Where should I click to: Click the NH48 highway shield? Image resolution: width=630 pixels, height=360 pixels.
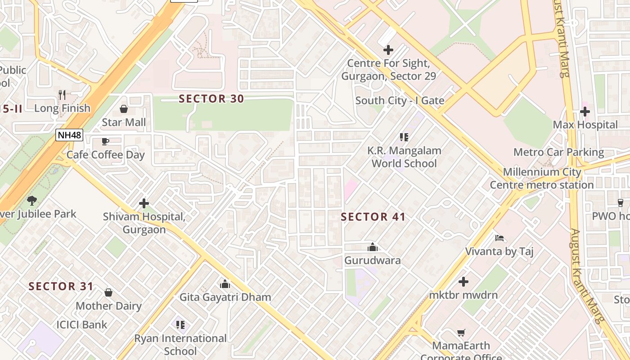(x=69, y=135)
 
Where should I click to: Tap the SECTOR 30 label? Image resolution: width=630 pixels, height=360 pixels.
(x=211, y=99)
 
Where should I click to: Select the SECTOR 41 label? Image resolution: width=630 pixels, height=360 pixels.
(x=373, y=217)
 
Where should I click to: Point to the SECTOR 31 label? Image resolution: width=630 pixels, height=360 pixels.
(x=61, y=286)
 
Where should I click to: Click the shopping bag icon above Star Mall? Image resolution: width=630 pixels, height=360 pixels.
(x=124, y=109)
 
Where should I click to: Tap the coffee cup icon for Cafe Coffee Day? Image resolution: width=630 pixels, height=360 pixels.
(x=105, y=142)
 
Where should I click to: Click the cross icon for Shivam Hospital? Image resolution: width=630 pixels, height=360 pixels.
(x=144, y=203)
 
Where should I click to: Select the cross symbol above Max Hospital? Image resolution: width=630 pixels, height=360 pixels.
(x=585, y=112)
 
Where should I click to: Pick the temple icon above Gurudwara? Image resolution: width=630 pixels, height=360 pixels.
(x=372, y=247)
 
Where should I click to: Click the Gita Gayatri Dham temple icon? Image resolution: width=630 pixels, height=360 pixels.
(x=225, y=284)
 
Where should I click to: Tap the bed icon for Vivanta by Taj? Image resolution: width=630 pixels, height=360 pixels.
(x=499, y=238)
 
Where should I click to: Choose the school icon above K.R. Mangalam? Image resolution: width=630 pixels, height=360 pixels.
(x=404, y=137)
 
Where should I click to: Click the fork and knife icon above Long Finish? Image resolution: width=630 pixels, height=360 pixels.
(x=62, y=95)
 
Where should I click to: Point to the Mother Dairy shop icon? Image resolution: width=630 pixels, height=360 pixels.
(x=108, y=292)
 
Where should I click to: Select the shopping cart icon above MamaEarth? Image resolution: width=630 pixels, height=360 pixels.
(x=461, y=333)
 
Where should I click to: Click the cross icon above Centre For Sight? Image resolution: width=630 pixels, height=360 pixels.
(x=388, y=50)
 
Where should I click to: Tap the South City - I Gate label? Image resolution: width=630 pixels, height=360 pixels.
(x=400, y=101)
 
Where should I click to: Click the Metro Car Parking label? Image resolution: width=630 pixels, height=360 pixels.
(x=558, y=152)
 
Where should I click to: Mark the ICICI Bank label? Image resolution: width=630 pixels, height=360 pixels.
(x=82, y=324)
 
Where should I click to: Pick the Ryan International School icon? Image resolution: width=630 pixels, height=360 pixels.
(x=180, y=324)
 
